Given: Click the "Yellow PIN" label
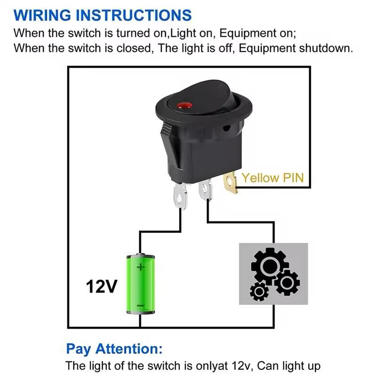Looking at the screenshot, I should click(273, 178).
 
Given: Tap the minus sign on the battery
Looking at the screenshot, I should click(140, 306).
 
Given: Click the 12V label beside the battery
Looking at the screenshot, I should click(101, 286).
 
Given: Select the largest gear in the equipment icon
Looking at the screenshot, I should click(266, 266).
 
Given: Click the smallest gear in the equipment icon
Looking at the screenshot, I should click(259, 292).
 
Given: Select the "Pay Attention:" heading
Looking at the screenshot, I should click(115, 349).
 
